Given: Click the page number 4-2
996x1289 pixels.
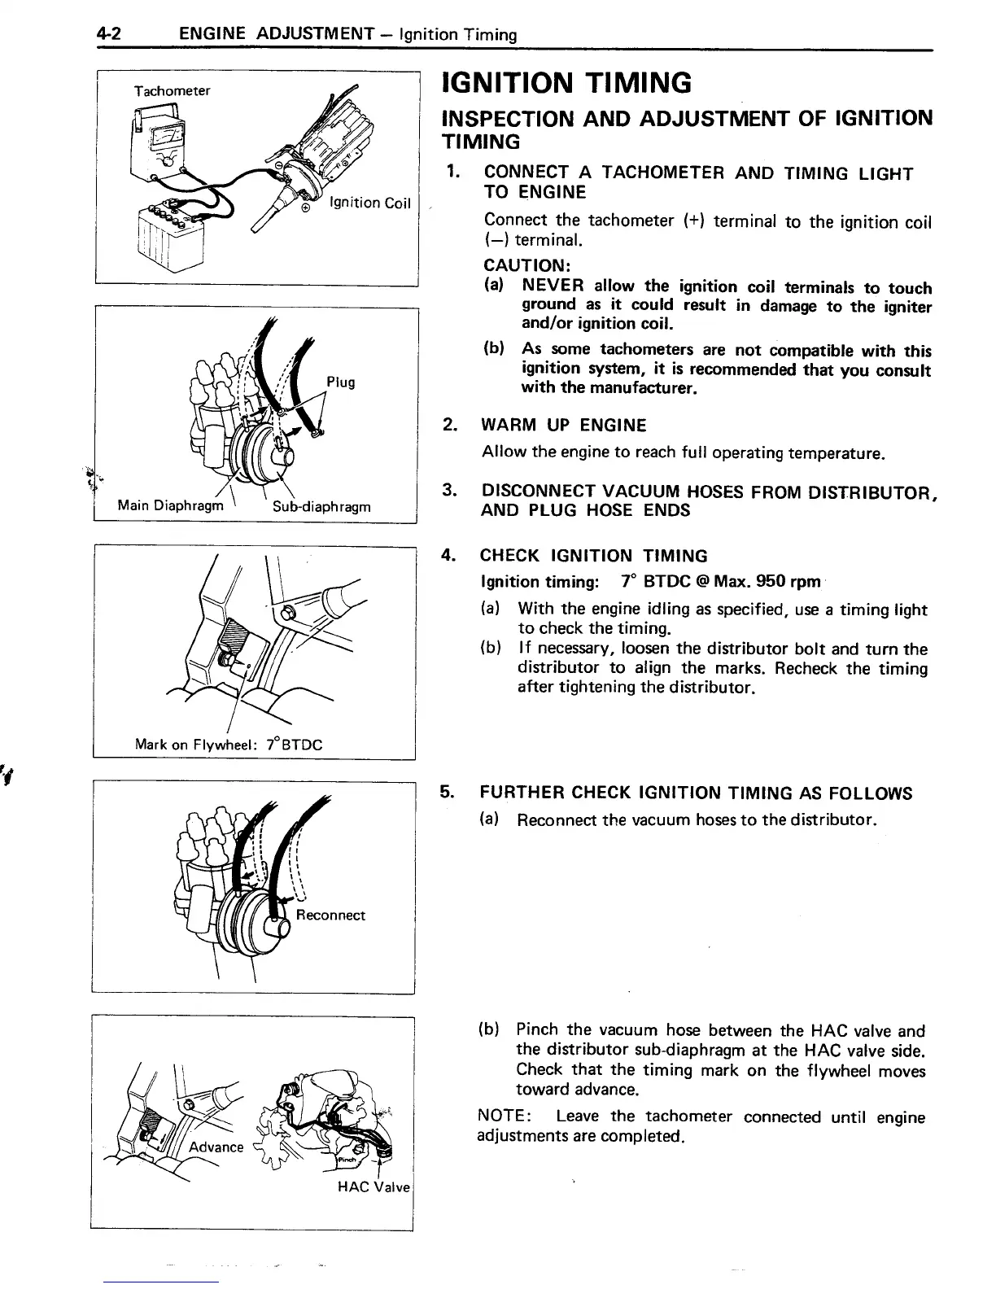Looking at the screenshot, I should (x=108, y=34).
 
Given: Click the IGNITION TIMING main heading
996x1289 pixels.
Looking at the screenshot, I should (x=566, y=83).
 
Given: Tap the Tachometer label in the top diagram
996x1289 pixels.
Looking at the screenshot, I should (x=173, y=90).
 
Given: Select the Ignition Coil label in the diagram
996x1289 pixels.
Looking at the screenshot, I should (x=370, y=203).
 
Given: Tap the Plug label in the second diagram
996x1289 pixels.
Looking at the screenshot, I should (x=340, y=382).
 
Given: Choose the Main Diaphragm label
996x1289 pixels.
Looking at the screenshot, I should (x=170, y=505).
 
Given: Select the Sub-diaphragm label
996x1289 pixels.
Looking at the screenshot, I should (x=321, y=506).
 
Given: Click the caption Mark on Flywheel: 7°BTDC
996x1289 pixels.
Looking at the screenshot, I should (x=229, y=744).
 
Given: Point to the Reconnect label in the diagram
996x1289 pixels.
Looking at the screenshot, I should (x=330, y=915).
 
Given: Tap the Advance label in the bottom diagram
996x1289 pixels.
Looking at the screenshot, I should (x=216, y=1147).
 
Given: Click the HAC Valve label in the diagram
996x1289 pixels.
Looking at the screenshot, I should (x=374, y=1186).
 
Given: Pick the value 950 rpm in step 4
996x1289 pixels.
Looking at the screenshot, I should (x=788, y=582).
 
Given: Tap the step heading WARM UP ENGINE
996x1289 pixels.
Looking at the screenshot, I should (x=564, y=425).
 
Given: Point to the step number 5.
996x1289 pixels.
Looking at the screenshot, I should (x=447, y=793).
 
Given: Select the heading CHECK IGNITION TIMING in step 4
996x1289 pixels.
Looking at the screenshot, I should (x=594, y=556).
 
